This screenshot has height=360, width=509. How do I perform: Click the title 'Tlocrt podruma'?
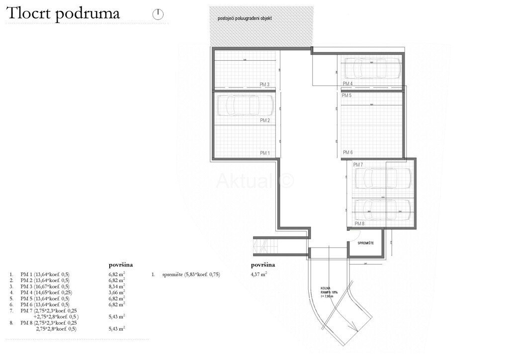[63, 14]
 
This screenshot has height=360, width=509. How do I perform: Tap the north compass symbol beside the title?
[158, 14]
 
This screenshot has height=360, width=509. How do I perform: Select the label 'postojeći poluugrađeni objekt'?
[245, 18]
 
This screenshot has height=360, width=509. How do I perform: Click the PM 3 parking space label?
[264, 85]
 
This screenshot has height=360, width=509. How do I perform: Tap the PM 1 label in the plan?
[264, 153]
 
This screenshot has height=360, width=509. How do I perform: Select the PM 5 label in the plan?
[347, 95]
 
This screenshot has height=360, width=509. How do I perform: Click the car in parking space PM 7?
[382, 178]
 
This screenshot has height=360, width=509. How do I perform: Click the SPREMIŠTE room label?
[366, 243]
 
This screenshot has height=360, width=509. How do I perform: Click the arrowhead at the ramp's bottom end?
[354, 327]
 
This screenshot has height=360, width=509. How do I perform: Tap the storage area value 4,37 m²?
[259, 274]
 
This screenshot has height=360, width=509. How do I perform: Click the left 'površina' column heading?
[121, 265]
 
